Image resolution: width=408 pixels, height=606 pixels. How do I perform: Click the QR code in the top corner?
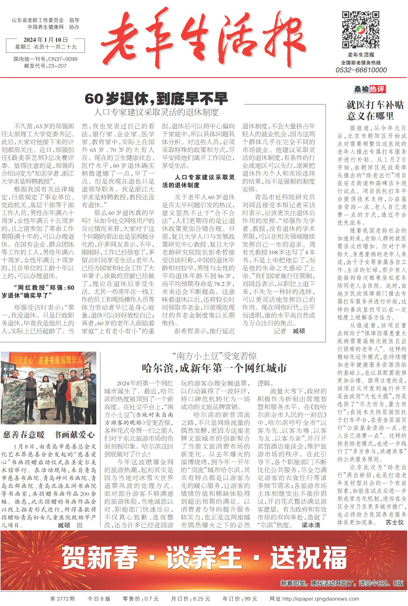(x=361, y=30)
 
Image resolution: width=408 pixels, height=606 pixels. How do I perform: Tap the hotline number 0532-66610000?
(x=361, y=70)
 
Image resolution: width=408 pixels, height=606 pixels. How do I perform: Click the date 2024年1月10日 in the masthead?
(x=45, y=40)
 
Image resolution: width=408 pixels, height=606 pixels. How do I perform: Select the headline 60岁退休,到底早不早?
(x=156, y=99)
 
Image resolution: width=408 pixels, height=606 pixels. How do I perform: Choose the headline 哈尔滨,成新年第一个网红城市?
(x=214, y=368)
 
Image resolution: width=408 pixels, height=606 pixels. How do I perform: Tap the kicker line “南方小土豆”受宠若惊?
(x=214, y=356)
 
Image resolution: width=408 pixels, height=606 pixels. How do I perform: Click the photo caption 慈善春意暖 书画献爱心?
(x=49, y=435)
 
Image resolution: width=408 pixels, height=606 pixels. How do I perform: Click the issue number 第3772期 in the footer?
(x=62, y=599)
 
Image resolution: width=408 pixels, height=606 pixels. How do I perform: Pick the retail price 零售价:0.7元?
(x=140, y=599)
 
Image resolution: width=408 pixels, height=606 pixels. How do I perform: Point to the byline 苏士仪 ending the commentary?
(x=394, y=522)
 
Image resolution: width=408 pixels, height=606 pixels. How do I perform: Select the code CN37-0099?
(x=63, y=59)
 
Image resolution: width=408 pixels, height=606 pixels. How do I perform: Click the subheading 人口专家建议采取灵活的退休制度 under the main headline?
(x=156, y=112)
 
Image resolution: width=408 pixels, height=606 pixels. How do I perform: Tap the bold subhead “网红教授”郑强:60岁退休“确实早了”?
(x=38, y=291)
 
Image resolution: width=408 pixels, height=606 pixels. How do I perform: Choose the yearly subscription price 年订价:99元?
(x=240, y=599)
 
